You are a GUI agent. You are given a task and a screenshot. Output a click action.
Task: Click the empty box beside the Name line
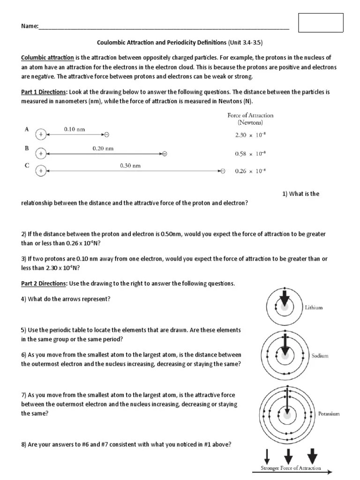[321, 22]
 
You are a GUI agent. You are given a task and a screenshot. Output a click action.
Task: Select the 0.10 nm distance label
[75, 129]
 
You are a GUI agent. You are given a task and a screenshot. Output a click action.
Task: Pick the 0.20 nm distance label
[103, 148]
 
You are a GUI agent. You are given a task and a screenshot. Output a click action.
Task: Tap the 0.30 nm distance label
[130, 165]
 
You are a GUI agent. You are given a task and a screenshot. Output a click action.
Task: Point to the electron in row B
[164, 153]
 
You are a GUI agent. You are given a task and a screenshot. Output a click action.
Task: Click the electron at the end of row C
[223, 171]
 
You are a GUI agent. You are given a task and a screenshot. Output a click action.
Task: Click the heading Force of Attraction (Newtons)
[250, 119]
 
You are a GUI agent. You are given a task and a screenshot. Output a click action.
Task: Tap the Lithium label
[314, 308]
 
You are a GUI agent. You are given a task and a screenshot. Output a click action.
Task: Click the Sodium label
[320, 356]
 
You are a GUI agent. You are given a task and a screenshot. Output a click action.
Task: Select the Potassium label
[329, 414]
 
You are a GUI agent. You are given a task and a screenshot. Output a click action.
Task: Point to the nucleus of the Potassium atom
[285, 415]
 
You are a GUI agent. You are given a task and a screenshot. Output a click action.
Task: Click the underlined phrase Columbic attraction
[47, 58]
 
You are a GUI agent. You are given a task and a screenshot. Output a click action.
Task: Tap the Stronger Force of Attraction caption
[291, 468]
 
